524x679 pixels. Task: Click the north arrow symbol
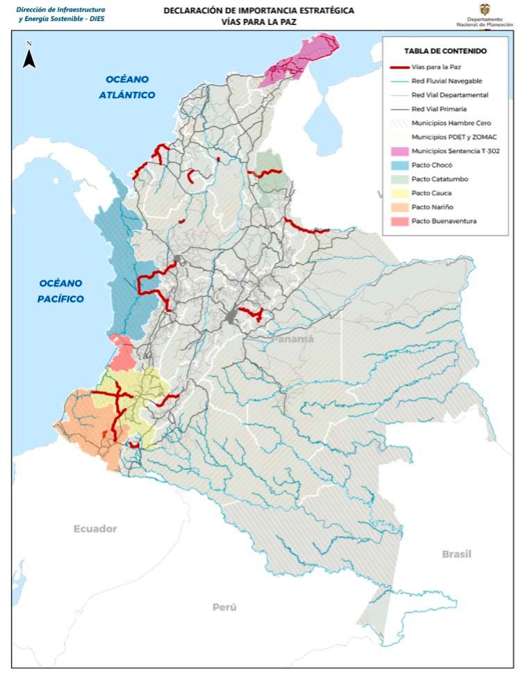pos(29,56)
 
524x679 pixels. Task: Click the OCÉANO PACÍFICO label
pos(61,291)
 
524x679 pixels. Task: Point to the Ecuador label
pos(95,529)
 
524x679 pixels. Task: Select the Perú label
pos(224,607)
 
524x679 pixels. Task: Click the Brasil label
pos(456,554)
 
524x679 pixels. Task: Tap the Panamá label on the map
pos(292,339)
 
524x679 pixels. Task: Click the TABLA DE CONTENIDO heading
pos(445,51)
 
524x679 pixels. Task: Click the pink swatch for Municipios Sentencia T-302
pos(398,151)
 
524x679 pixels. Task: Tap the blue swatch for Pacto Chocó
pos(398,165)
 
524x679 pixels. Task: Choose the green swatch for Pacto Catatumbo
pos(398,179)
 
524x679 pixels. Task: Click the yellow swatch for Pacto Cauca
pos(398,193)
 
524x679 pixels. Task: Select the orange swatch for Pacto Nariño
pos(398,207)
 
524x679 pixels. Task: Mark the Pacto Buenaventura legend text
pos(444,221)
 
